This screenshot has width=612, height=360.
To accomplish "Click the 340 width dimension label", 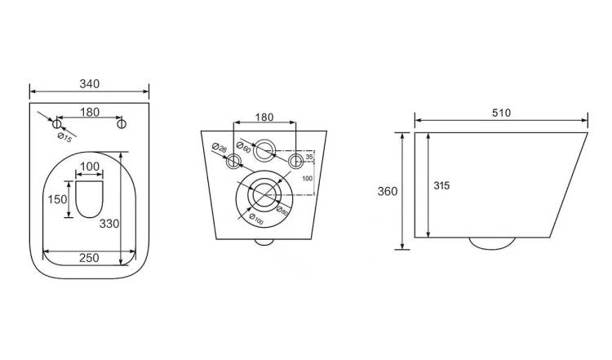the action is tap(90, 83).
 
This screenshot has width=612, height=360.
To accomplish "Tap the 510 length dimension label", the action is tap(501, 113).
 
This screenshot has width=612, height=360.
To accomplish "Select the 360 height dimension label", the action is tap(387, 191).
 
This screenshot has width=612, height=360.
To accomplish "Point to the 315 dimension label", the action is tap(441, 185).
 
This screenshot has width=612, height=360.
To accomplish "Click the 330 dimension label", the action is tap(109, 224).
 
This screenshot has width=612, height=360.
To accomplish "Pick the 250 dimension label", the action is tap(89, 258).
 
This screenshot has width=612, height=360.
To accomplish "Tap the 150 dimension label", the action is tap(57, 199).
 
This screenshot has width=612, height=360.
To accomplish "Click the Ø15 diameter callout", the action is tap(64, 137).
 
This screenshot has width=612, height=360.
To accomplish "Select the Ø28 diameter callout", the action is tap(219, 148).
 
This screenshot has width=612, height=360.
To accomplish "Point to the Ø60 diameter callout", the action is tap(243, 147).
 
